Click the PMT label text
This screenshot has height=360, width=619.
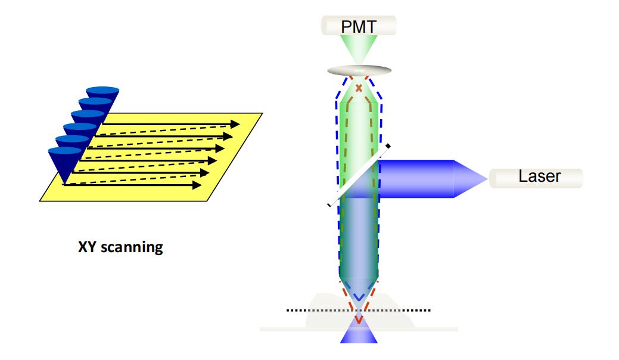point(359,27)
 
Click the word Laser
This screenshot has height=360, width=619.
point(540,176)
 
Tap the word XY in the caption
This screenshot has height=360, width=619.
point(88,247)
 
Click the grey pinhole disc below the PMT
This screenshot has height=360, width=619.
point(359,70)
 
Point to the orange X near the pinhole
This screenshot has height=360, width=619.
point(359,89)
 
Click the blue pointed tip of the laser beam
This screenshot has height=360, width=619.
point(477,178)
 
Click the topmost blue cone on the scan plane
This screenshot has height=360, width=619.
point(102,93)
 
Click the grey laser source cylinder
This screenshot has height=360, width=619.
point(536,177)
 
